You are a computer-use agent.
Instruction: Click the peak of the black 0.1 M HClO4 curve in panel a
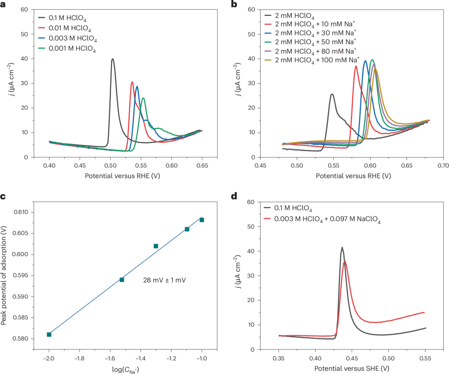[x=112, y=59]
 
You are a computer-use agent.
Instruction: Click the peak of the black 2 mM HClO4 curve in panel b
[x=332, y=94]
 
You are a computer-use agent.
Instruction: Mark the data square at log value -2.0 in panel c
[x=49, y=335]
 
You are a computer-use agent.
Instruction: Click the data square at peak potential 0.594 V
[x=122, y=280]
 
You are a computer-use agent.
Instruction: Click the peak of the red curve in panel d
[x=345, y=261]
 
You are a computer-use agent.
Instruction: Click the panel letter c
[x=3, y=197]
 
